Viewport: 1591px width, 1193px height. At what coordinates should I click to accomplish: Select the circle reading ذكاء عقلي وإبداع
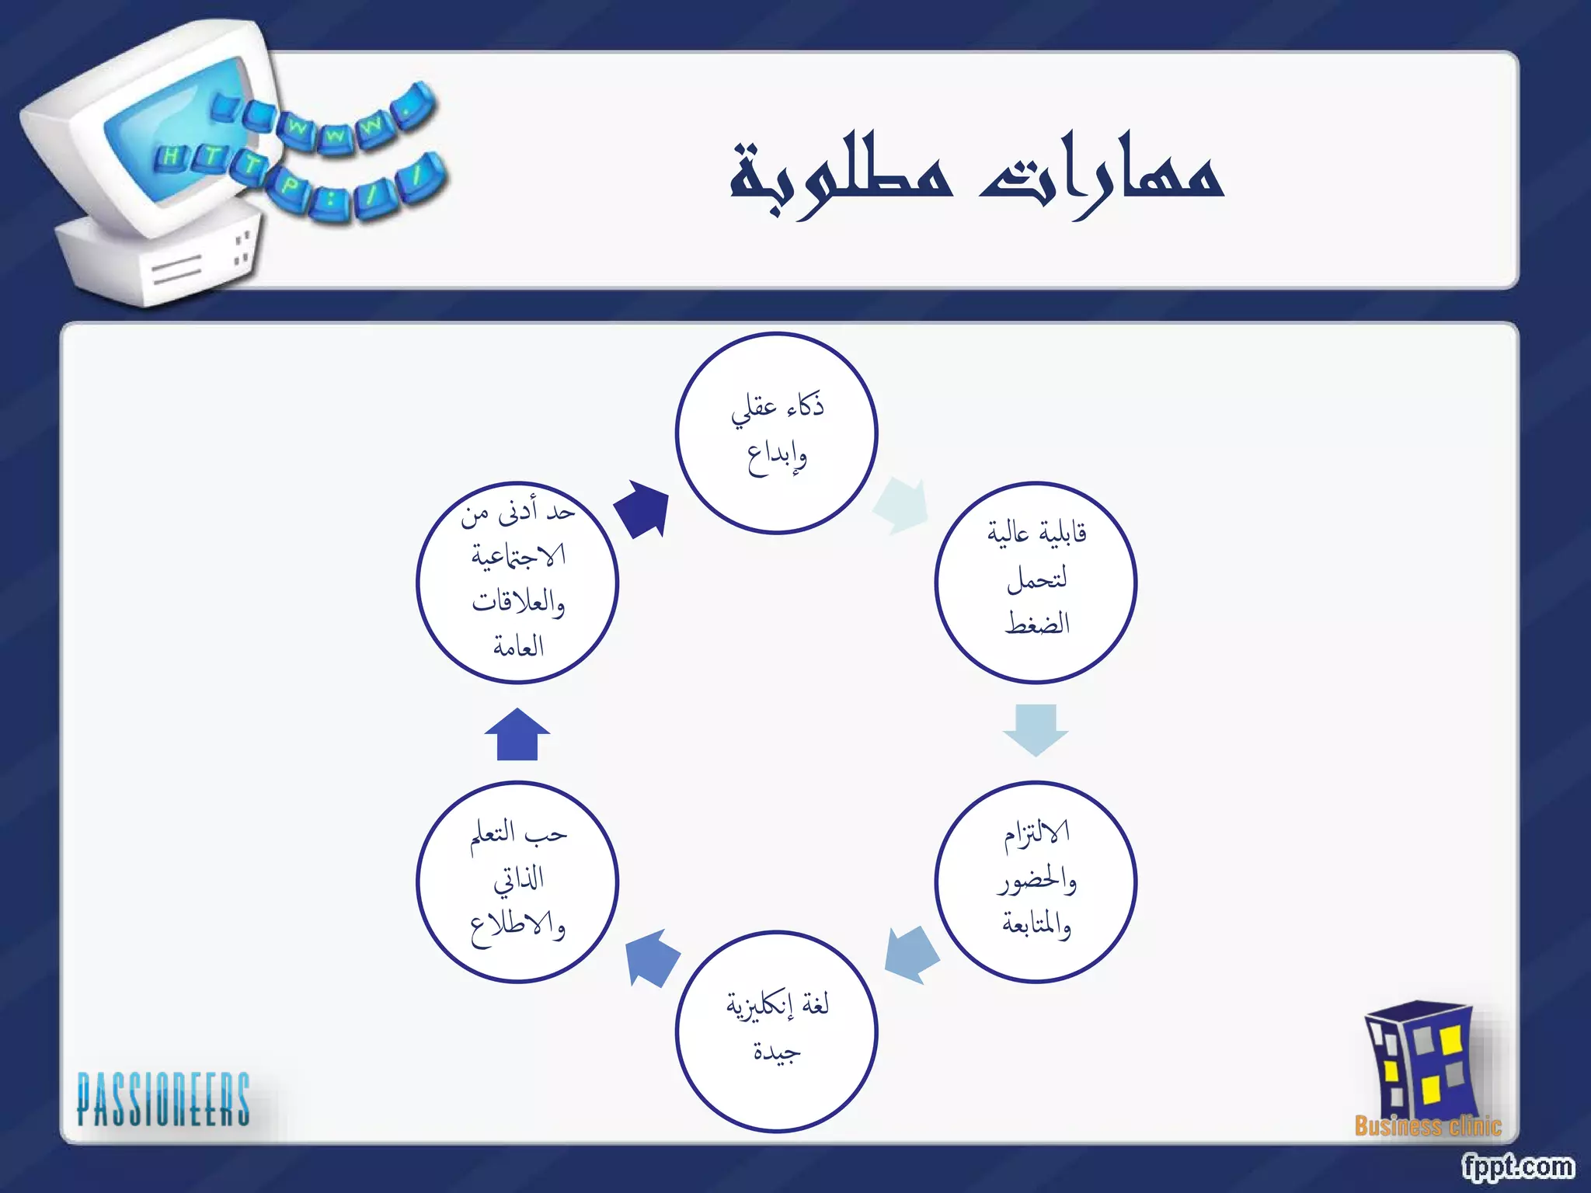point(776,433)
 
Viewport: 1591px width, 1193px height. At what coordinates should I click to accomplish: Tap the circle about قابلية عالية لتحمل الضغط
point(1035,582)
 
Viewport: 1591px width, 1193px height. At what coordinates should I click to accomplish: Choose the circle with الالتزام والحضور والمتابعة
point(1035,881)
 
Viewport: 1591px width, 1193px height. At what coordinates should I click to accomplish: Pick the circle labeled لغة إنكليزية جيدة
point(776,1031)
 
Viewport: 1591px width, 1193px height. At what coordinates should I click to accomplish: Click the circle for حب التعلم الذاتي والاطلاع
point(517,881)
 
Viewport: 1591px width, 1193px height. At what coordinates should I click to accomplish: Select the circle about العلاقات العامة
point(517,582)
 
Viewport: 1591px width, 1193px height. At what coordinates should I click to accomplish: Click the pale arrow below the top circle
point(902,506)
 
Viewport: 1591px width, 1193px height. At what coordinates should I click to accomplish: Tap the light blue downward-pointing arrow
point(1035,729)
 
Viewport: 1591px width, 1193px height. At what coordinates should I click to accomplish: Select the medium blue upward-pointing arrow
point(517,735)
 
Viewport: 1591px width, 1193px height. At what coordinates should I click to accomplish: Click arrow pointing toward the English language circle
point(912,954)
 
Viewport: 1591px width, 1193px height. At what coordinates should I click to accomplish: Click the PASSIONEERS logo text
point(163,1098)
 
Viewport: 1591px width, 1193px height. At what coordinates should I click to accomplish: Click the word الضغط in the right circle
point(1036,623)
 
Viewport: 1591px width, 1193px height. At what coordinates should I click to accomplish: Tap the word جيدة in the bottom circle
point(776,1052)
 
